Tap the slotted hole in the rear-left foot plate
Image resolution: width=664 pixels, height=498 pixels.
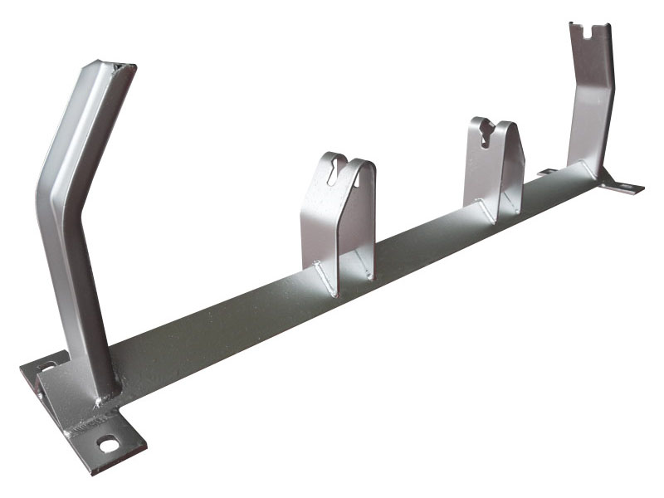pos(46,366)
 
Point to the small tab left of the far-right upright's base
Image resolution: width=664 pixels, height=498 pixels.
pos(547,172)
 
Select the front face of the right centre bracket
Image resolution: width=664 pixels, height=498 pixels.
pos(483,166)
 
